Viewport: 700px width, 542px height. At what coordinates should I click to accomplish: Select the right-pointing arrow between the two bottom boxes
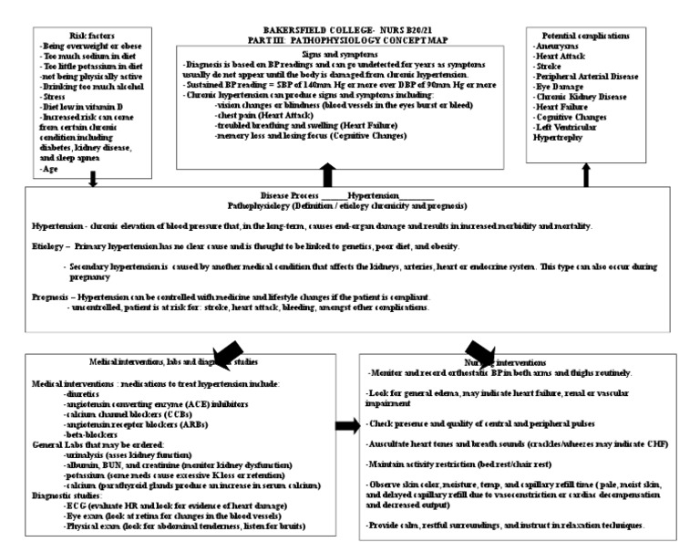(x=346, y=425)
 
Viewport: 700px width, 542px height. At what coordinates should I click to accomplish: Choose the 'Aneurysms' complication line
(x=561, y=45)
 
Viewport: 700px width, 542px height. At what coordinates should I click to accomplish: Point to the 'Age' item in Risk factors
(x=50, y=169)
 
